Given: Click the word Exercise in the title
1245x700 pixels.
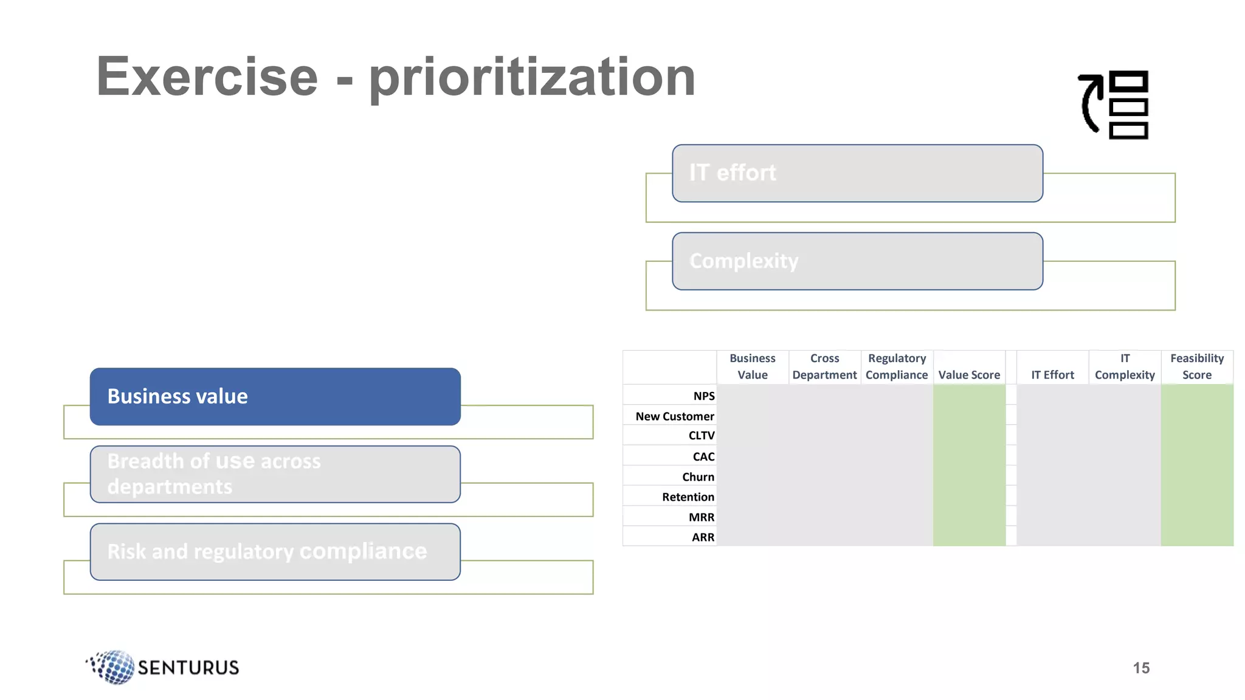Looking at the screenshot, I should pos(207,77).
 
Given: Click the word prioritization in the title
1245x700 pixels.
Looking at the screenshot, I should pos(532,77).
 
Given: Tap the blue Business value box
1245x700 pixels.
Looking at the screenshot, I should pos(275,396).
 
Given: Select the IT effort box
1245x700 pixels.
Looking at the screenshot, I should pos(857,173).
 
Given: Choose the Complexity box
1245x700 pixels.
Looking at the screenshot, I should pos(857,261).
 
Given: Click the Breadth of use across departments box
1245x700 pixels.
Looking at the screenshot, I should pos(275,474).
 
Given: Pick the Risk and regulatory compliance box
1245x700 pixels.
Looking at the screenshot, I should pos(275,552).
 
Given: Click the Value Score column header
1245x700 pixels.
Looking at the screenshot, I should pos(969,375).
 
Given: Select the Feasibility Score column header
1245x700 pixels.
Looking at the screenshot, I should pos(1196,366).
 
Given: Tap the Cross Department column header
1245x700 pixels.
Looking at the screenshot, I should pos(824,366).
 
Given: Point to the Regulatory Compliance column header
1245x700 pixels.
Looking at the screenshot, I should pos(897,366).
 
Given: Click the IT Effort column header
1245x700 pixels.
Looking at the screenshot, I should pos(1052,375).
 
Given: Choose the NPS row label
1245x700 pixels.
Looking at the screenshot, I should pos(704,396).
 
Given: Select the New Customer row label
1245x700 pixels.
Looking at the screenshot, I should pos(675,416).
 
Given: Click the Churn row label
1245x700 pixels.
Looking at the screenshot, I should pos(698,477).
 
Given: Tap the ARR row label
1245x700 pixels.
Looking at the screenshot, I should pos(703,537).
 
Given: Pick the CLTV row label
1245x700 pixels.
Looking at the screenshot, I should pos(702,436).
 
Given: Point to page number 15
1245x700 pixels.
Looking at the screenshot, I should pos(1141,668).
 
